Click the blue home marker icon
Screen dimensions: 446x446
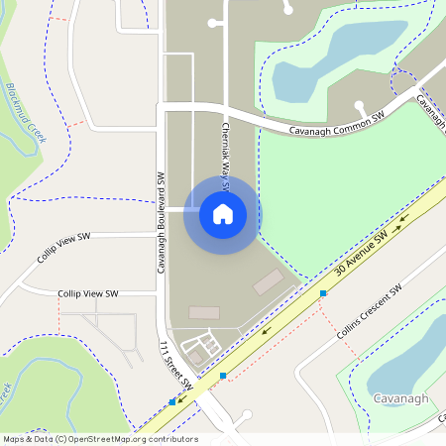(x=223, y=213)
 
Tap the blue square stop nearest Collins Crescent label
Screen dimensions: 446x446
(x=323, y=293)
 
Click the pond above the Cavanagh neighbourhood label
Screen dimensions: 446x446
(x=406, y=357)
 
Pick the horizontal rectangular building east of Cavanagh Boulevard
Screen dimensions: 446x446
(x=204, y=312)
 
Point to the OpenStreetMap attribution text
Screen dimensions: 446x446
(x=99, y=439)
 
